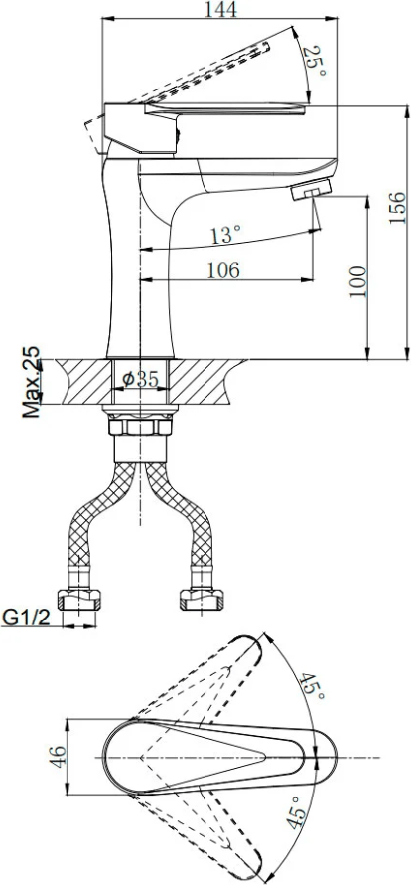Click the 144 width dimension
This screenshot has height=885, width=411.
221,9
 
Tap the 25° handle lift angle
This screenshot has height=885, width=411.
315,62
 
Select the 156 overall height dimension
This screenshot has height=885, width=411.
397,207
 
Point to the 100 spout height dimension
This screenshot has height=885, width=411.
357,282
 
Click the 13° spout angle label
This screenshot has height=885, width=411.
226,234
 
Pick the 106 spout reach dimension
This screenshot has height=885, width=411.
223,270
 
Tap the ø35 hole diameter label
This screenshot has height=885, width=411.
141,379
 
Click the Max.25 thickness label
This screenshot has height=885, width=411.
32,383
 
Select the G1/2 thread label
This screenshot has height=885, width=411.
27,618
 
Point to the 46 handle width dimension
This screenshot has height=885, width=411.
59,755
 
